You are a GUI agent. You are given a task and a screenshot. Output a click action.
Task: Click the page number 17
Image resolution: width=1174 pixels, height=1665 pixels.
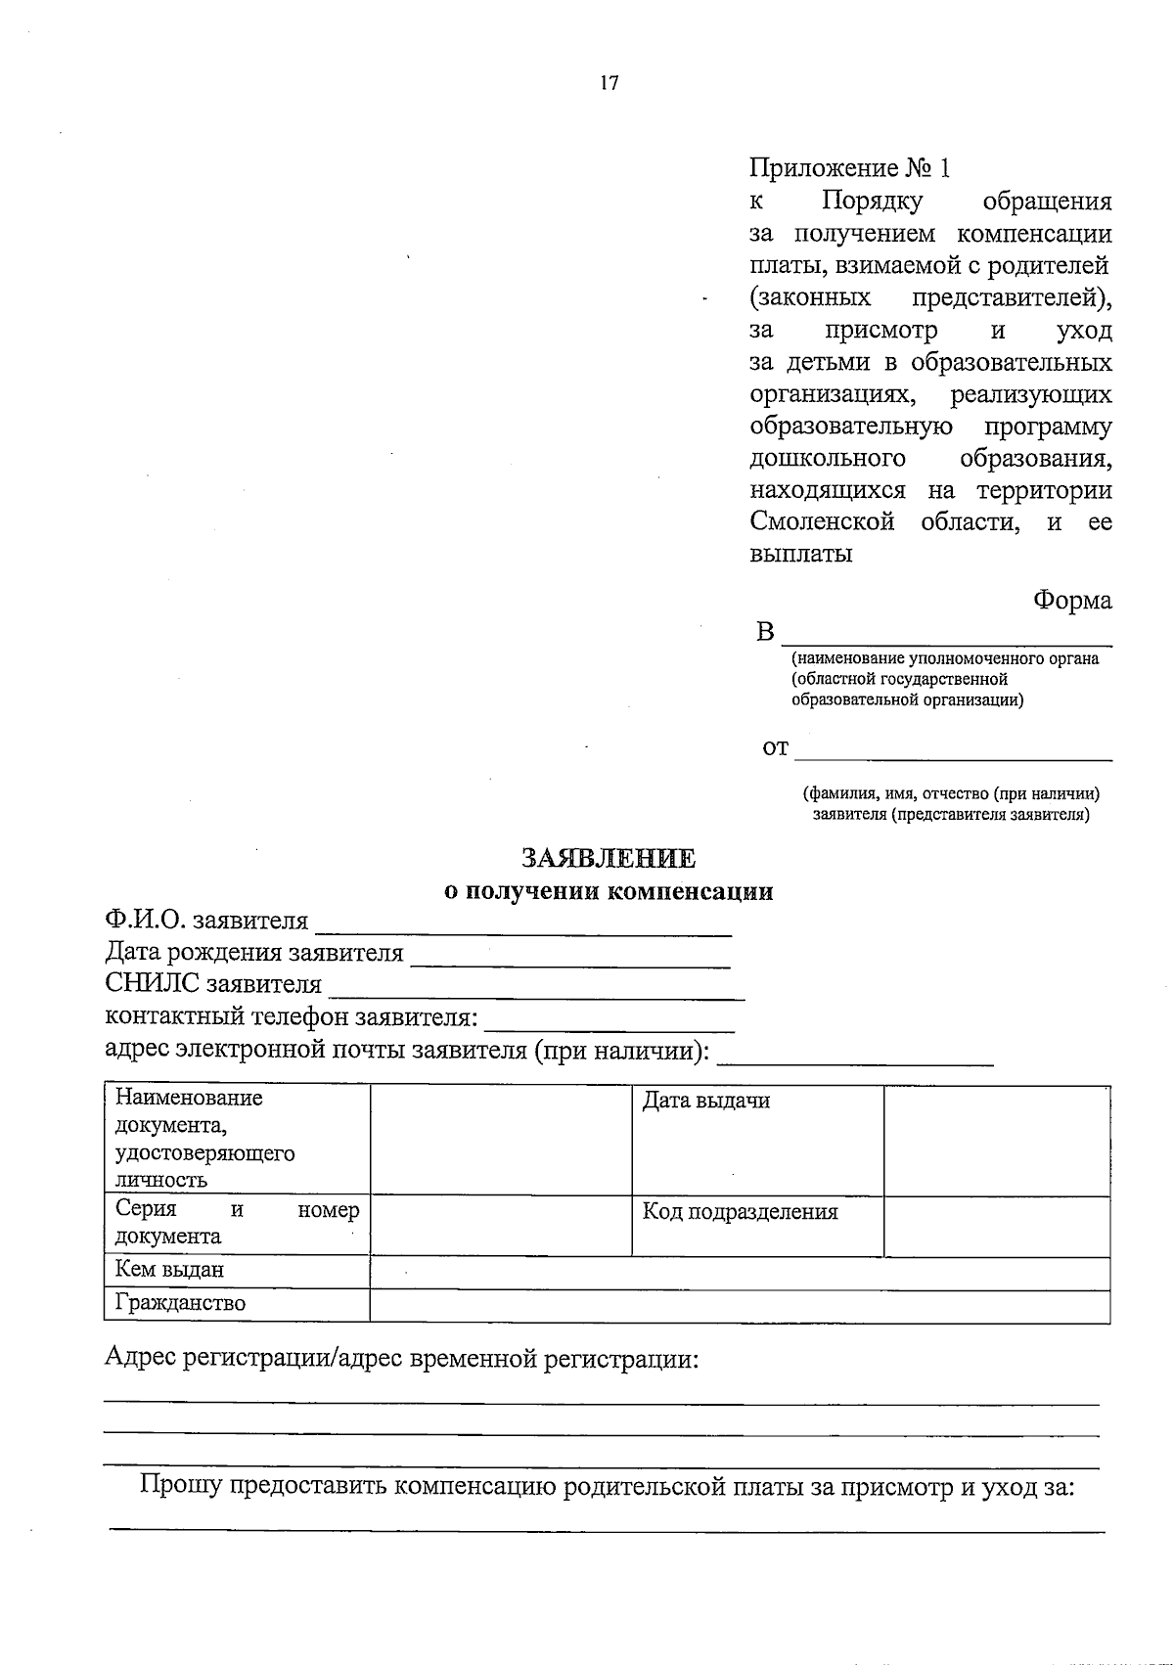click(609, 83)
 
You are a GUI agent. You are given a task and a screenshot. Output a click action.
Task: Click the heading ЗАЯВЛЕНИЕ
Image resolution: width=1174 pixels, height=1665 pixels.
click(609, 858)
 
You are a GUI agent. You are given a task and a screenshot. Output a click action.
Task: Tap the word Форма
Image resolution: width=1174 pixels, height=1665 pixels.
click(1072, 600)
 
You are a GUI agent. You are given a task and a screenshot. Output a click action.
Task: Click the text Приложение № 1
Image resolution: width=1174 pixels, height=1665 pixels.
click(849, 168)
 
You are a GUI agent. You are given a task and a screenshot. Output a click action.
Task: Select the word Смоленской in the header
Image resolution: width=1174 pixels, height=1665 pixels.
click(822, 521)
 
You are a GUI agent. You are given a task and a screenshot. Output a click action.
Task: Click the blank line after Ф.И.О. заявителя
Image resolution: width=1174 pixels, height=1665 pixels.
click(522, 927)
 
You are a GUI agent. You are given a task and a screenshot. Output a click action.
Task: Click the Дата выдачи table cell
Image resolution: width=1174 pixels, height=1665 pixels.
click(705, 1101)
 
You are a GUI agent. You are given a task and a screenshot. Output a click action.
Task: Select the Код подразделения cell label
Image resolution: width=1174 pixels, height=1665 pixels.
click(740, 1212)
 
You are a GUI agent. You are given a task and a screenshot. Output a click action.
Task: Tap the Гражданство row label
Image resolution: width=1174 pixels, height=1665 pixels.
click(180, 1303)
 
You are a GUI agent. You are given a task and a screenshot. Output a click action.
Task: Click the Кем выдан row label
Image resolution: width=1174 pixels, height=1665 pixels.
click(169, 1270)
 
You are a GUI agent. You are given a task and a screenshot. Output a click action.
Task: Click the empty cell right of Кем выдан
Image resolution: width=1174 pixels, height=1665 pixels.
click(740, 1273)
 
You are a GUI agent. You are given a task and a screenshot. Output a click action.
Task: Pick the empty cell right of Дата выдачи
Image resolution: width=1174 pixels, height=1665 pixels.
click(996, 1140)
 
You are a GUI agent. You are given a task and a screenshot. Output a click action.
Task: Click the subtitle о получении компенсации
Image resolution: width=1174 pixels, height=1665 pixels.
click(609, 891)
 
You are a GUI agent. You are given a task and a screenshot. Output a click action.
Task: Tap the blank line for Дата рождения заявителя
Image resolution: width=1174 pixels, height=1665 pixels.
click(569, 959)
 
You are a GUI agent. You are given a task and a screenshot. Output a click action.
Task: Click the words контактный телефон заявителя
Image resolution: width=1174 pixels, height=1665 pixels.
click(291, 1017)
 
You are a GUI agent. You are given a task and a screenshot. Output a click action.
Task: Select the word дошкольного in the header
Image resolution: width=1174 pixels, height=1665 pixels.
click(828, 458)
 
